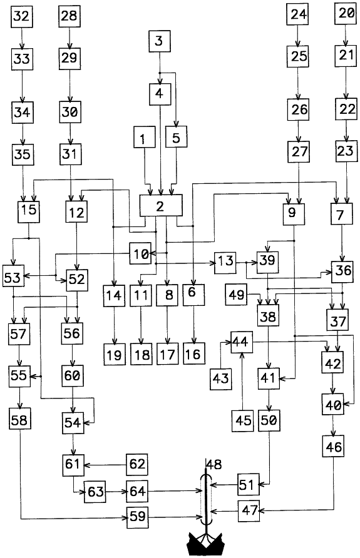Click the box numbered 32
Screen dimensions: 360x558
[x=22, y=17]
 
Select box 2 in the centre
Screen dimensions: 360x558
[x=161, y=205]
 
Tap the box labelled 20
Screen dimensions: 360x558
[x=346, y=14]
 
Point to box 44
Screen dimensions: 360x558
[x=242, y=342]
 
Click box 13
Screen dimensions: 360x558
[x=225, y=263]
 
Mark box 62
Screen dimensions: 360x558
[x=137, y=464]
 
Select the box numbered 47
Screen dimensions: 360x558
[x=249, y=510]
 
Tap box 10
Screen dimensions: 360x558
[x=140, y=253]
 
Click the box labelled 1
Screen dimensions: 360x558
[x=145, y=136]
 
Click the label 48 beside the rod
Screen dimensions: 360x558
[x=214, y=464]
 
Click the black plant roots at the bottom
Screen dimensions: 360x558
[x=205, y=544]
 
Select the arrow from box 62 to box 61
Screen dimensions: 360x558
[x=105, y=465]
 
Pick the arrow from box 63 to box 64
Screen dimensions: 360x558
[x=116, y=492]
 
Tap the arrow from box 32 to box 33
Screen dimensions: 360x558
[x=22, y=38]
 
